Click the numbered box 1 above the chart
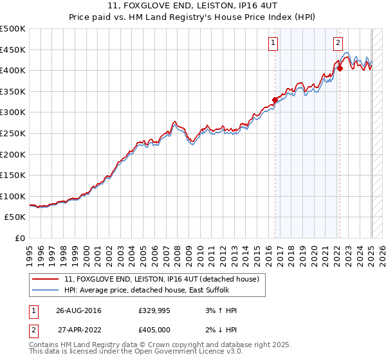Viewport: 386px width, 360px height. click(x=273, y=43)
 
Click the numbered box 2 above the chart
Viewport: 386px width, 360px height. click(x=338, y=43)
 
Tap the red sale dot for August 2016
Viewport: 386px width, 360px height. click(x=275, y=100)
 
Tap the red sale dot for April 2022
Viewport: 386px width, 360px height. click(x=340, y=68)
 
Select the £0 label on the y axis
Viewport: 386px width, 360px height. click(x=20, y=238)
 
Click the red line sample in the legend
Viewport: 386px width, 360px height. click(x=46, y=279)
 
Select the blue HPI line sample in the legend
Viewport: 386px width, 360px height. click(x=46, y=290)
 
